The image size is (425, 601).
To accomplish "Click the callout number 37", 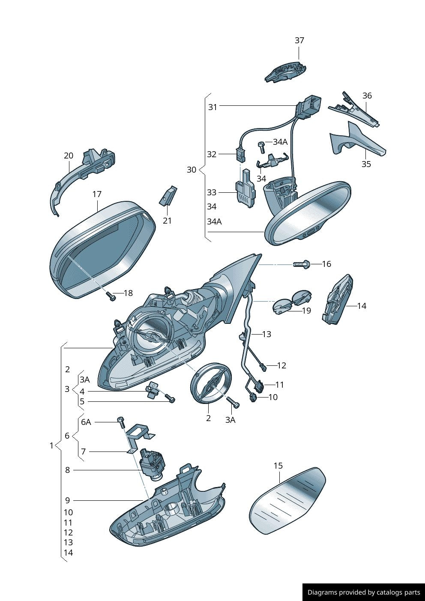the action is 299,40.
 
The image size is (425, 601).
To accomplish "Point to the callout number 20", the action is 69,155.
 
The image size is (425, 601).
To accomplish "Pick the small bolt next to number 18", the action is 111,296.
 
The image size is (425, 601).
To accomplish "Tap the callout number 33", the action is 211,192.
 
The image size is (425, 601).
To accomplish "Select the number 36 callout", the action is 367,96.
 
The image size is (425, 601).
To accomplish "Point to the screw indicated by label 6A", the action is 121,423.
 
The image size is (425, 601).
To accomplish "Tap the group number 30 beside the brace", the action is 192,170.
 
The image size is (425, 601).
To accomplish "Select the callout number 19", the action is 306,311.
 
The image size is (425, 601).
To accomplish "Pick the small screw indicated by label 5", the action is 171,398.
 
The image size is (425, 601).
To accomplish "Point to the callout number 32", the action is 211,154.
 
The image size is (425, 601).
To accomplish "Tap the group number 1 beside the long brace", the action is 51,446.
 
